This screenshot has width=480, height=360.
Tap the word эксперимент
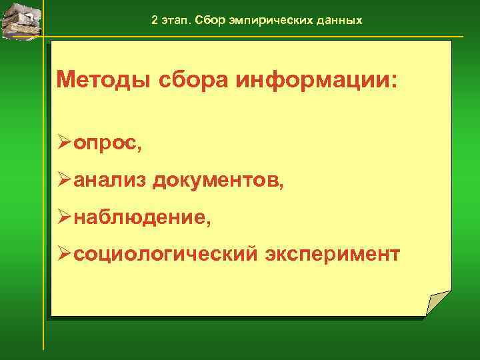click(333, 254)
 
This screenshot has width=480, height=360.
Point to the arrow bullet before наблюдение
click(64, 217)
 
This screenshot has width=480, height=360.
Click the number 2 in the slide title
click(155, 20)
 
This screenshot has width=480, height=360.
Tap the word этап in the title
click(175, 20)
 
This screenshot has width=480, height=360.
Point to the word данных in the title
click(339, 20)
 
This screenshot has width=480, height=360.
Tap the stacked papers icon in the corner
click(21, 20)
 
